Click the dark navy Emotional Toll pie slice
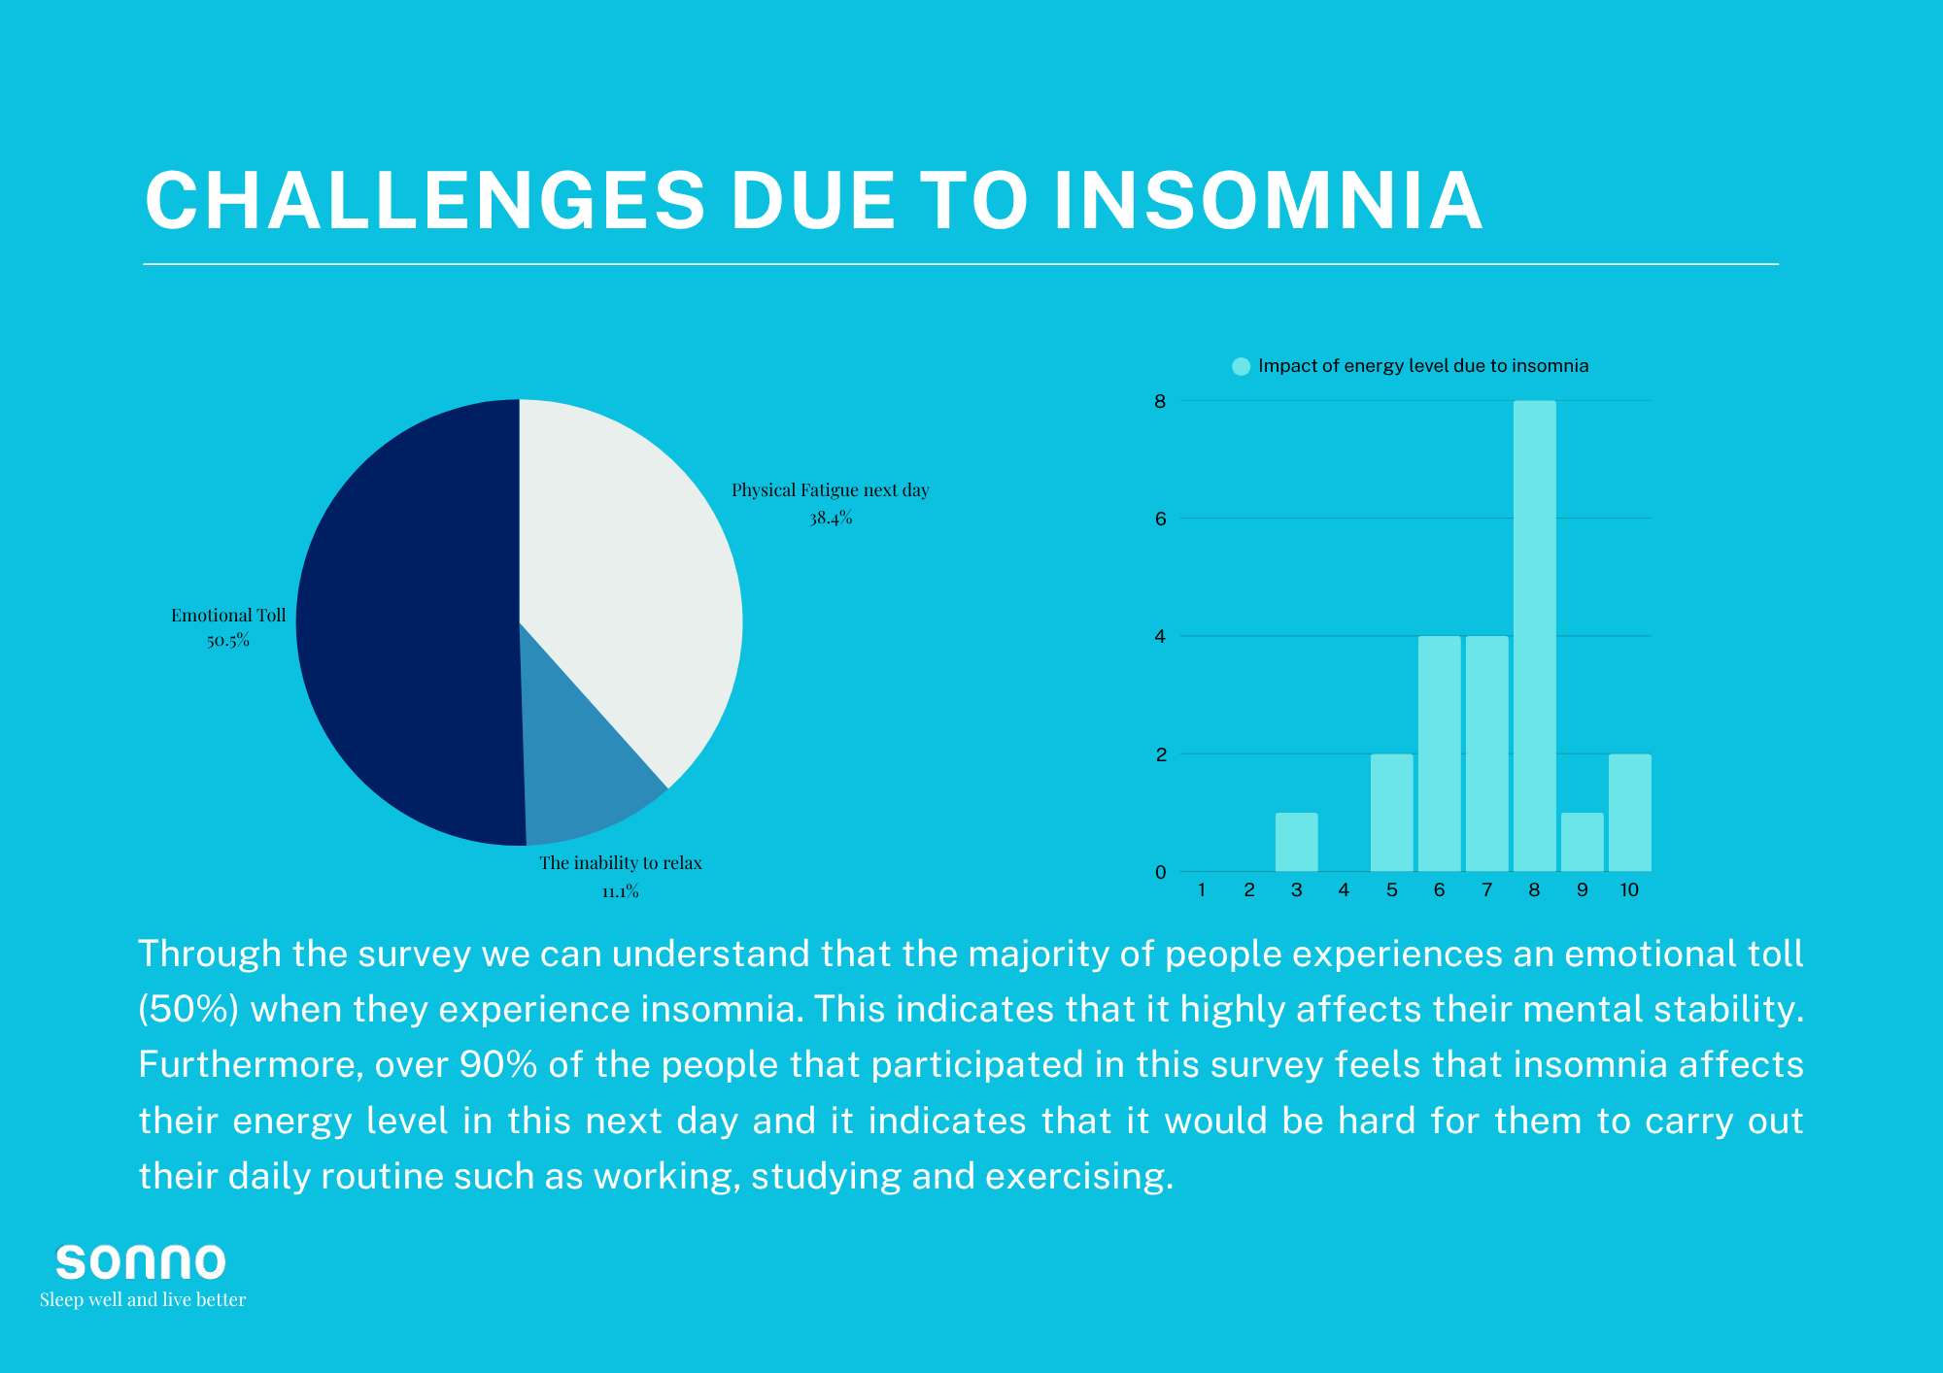[x=408, y=621]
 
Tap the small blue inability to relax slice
[x=583, y=777]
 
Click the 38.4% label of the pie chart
[x=832, y=519]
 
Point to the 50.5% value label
[x=228, y=641]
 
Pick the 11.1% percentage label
[x=621, y=891]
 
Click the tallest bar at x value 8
[x=1535, y=636]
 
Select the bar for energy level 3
[x=1297, y=842]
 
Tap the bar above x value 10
[x=1630, y=813]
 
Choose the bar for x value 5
[x=1392, y=813]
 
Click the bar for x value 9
[x=1583, y=842]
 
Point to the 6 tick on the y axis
[x=1161, y=519]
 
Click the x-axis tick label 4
[x=1345, y=889]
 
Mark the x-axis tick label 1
[x=1202, y=889]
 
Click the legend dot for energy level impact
[x=1241, y=366]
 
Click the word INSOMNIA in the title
[x=1269, y=201]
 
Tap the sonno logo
[x=141, y=1261]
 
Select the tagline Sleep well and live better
[x=143, y=1300]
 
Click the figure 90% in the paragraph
[x=498, y=1065]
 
